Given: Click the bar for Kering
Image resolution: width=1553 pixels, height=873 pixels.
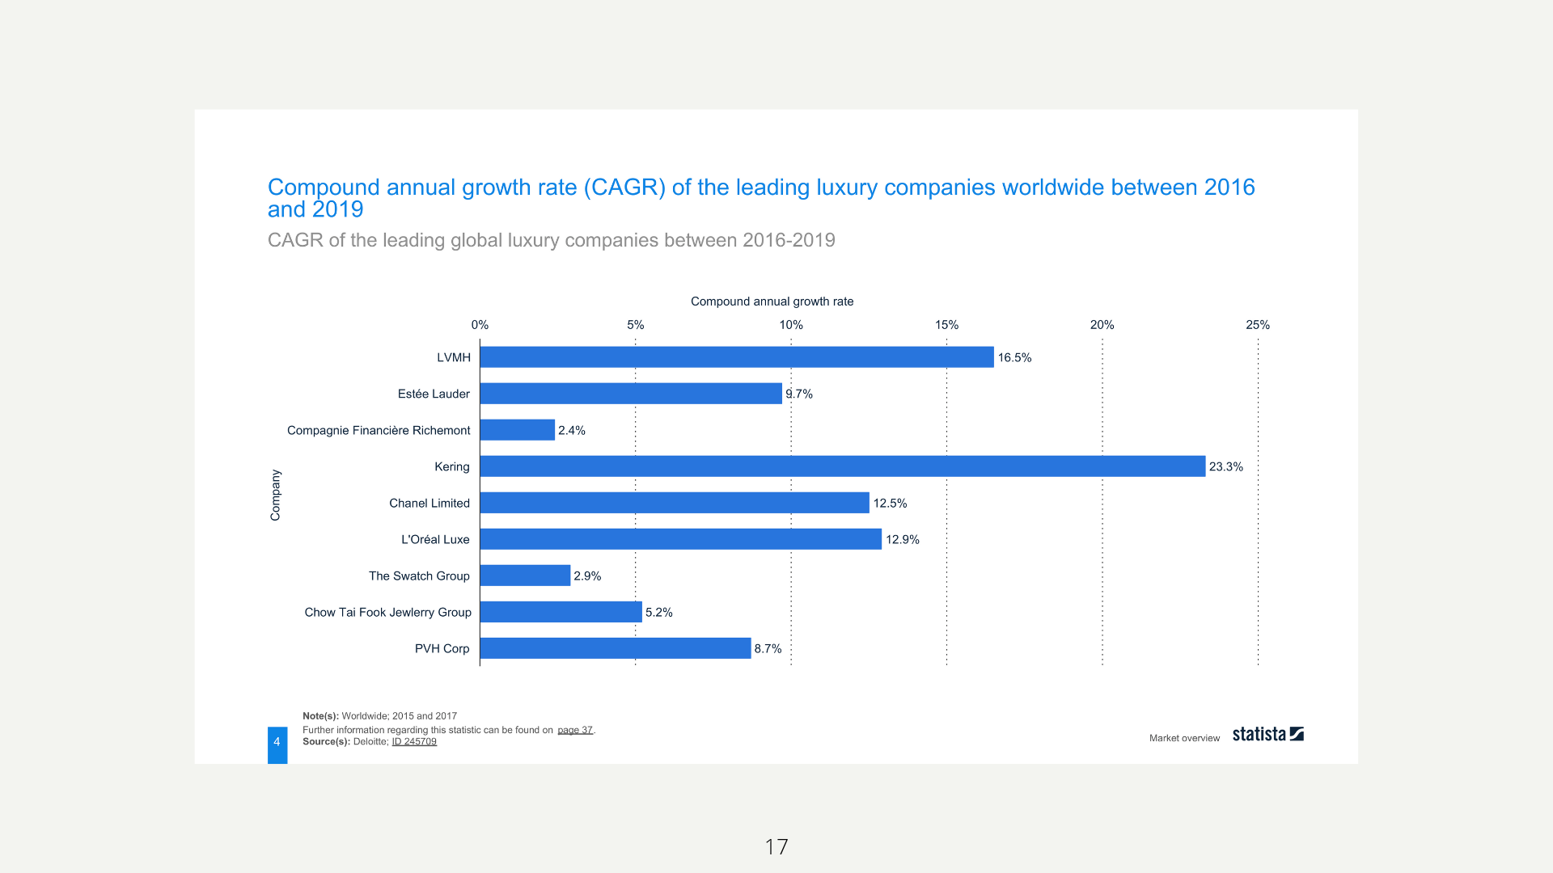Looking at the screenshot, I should pos(842,466).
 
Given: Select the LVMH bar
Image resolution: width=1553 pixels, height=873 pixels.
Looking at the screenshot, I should pos(736,357).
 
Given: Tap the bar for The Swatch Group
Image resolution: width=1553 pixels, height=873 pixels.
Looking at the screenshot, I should pos(525,576).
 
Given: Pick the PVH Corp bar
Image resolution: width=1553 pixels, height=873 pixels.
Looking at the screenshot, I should pos(615,648).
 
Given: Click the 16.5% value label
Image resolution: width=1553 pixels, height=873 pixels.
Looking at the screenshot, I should pos(1014,358).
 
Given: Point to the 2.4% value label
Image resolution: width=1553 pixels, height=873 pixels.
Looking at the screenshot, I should pos(572,431).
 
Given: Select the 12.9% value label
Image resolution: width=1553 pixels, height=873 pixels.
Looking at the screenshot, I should pos(903,540).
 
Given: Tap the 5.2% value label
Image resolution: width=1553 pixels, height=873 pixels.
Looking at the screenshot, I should pos(659,613).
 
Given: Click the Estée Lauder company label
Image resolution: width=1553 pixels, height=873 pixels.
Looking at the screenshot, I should pos(434,394).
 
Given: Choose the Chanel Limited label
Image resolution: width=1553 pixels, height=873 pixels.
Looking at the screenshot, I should pos(430,504).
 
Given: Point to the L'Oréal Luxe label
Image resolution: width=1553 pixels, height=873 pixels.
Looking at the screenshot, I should pos(435,540).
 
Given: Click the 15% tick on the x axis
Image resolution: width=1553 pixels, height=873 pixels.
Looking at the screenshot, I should pos(946,325).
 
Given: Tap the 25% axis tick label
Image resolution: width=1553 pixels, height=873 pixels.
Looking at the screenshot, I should pos(1258,325).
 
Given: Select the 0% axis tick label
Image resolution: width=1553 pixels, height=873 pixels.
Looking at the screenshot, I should pos(480,325).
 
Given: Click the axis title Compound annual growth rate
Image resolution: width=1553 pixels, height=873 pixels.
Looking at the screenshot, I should pos(772,302).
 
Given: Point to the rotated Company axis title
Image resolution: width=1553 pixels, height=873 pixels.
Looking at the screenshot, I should pos(276,495).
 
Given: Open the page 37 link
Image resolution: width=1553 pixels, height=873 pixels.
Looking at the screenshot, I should pos(575,730).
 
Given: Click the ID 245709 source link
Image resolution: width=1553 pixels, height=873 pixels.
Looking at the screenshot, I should pos(414,742).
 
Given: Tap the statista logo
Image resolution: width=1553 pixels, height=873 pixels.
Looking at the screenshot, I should pos(1267,734).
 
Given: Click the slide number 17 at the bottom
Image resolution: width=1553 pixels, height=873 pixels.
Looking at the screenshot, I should pos(776,847).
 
